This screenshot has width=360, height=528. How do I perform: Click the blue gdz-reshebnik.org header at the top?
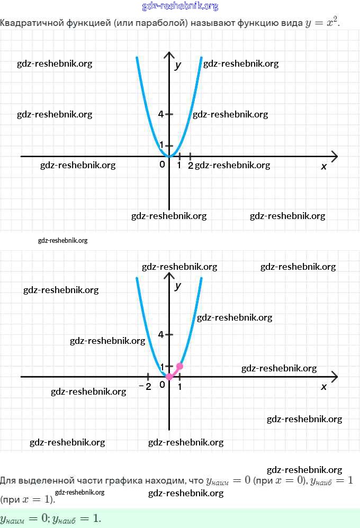180,6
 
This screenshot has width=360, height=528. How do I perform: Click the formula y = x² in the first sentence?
322,23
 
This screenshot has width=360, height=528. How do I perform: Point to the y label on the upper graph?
178,66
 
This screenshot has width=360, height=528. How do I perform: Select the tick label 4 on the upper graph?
161,114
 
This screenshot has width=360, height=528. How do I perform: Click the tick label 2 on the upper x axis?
191,166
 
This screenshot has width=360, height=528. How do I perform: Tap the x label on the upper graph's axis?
324,166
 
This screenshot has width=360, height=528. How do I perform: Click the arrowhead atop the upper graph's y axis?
169,56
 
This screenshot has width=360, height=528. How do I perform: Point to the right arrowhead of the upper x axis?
334,156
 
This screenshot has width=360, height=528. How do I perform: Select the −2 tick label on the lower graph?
145,386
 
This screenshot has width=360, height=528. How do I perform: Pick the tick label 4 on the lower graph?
161,334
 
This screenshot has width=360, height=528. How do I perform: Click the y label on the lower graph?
178,286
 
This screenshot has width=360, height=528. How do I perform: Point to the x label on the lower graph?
324,387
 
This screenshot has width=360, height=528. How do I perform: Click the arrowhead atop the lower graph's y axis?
169,276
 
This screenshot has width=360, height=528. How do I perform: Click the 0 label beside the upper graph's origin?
162,165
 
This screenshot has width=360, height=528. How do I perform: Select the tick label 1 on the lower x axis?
180,387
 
